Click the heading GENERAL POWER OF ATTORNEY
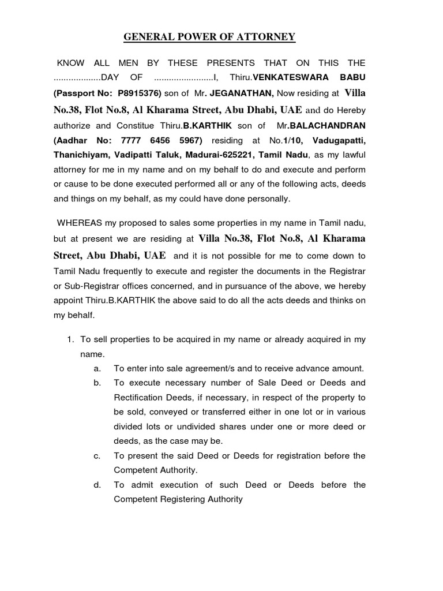209,38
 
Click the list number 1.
71,339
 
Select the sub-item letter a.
96,368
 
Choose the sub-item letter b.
96,383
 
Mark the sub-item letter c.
96,455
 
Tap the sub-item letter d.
96,485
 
